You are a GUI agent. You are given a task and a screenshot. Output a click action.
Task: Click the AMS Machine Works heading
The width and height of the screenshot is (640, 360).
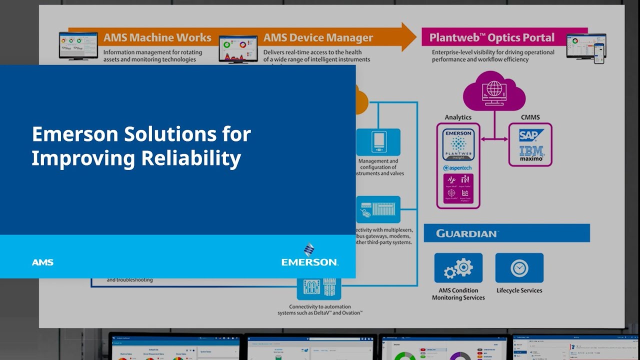157,38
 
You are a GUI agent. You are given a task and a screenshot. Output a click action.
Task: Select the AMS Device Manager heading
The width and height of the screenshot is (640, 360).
318,38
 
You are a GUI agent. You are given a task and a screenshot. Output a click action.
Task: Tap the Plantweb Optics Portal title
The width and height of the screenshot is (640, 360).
492,38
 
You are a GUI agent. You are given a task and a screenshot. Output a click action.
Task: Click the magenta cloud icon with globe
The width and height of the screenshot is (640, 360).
494,91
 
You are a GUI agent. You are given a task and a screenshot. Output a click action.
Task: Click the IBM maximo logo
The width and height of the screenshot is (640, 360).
531,153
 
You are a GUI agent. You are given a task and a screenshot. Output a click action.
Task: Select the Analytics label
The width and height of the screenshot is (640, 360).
458,117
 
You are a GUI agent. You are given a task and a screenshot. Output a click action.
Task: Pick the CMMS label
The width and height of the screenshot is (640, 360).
530,117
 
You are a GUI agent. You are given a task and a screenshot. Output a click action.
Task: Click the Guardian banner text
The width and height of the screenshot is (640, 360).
467,233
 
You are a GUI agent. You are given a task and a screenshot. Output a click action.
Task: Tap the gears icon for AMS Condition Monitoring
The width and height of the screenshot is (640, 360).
458,268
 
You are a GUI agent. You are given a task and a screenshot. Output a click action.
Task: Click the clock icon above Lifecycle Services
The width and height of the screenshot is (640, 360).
519,268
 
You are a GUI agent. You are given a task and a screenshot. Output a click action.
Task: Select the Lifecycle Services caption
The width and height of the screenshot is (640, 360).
519,290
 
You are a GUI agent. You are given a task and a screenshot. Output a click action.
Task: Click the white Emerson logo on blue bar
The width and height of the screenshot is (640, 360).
309,255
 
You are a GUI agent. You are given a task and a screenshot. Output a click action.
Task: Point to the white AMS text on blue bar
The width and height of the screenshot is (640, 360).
42,262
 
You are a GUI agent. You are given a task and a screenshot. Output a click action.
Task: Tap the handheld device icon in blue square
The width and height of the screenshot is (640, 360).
378,142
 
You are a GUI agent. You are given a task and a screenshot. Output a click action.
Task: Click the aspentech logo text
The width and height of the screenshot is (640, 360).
457,168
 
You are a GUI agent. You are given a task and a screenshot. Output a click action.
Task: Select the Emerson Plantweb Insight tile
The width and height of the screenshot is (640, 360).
458,144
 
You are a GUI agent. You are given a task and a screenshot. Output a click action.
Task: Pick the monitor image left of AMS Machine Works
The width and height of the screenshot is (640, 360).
78,46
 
